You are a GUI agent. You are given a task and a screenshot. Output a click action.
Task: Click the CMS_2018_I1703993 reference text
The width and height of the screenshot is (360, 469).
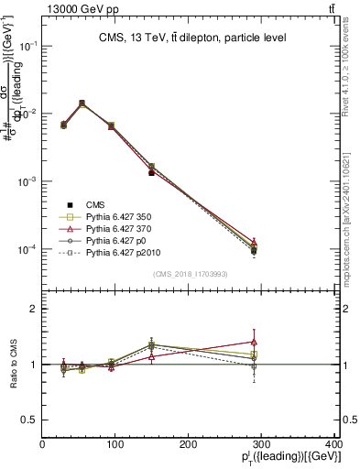(x=191, y=274)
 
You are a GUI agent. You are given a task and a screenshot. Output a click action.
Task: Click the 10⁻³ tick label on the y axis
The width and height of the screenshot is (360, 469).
(x=28, y=181)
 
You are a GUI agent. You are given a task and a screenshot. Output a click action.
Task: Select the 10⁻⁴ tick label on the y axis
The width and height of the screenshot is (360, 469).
(x=28, y=249)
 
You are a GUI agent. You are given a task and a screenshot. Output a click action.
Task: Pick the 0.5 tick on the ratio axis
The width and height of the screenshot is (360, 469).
(x=31, y=420)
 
